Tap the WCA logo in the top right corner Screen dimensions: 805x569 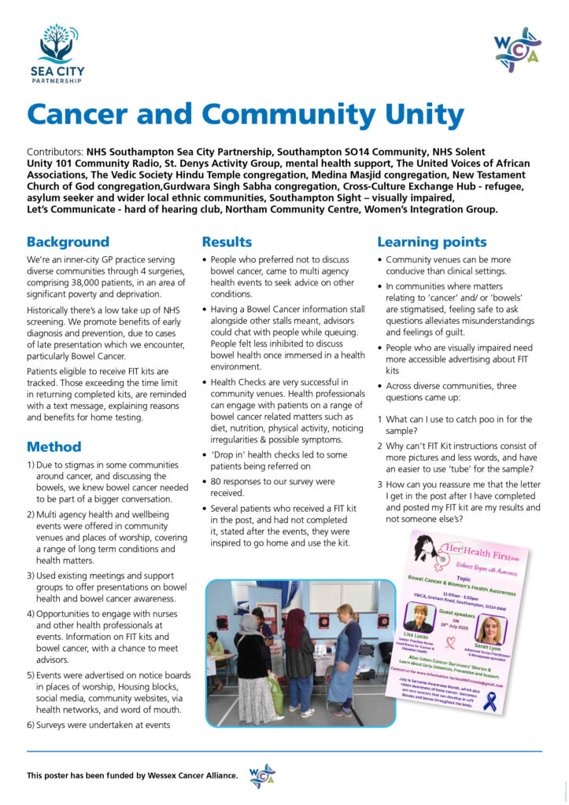(517, 50)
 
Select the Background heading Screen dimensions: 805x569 (68, 242)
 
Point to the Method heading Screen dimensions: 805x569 (54, 447)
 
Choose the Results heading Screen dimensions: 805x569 (227, 242)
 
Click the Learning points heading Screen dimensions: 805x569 (432, 242)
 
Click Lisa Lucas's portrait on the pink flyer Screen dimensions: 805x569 (418, 617)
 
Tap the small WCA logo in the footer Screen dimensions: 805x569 (262, 775)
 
